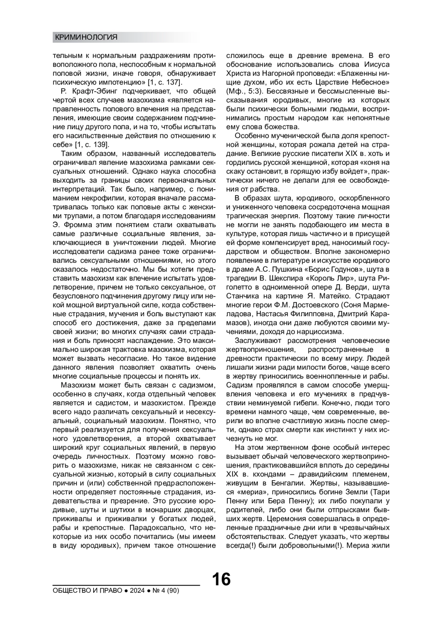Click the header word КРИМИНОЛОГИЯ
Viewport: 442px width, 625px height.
(x=86, y=37)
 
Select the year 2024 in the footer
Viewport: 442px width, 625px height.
(x=137, y=591)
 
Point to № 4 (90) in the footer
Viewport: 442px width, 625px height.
(x=166, y=591)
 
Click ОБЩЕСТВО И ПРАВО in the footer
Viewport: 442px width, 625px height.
(x=87, y=591)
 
